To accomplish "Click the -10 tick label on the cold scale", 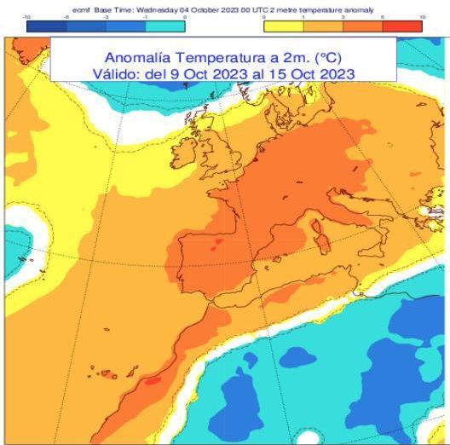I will point(28,17).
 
